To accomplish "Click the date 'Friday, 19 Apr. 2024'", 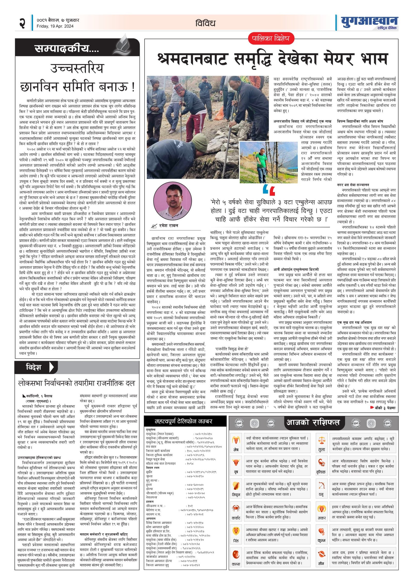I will pyautogui.click(x=55, y=26).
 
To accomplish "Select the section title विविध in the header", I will pyautogui.click(x=205, y=23).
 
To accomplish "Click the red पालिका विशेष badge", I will pyautogui.click(x=271, y=39).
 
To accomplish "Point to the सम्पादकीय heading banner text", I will pyautogui.click(x=67, y=49).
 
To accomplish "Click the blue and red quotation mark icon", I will pyautogui.click(x=269, y=190).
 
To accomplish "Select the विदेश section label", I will pyautogui.click(x=34, y=367).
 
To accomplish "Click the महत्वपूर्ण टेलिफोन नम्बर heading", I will pyautogui.click(x=183, y=422).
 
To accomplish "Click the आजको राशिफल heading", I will pyautogui.click(x=313, y=423).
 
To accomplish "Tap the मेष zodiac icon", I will pyautogui.click(x=236, y=440).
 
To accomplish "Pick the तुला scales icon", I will pyautogui.click(x=322, y=440).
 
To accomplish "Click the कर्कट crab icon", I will pyautogui.click(x=236, y=508).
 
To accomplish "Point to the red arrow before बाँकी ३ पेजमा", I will pyautogui.click(x=372, y=408).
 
